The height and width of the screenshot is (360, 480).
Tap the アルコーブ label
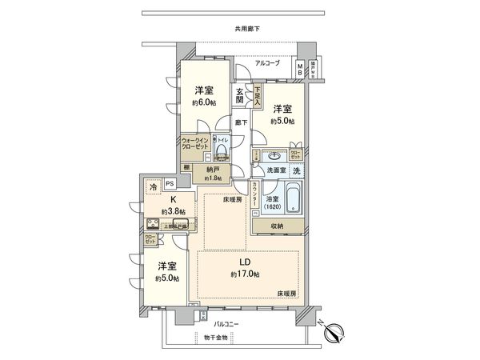click(268, 62)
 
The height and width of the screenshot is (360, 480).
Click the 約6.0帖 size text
click(202, 103)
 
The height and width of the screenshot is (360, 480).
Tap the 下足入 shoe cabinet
click(258, 97)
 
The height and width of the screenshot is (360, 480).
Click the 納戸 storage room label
click(212, 170)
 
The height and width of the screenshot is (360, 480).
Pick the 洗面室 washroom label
click(275, 170)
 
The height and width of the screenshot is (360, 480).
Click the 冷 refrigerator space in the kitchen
click(153, 186)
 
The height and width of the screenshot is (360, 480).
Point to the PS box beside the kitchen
click(169, 183)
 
